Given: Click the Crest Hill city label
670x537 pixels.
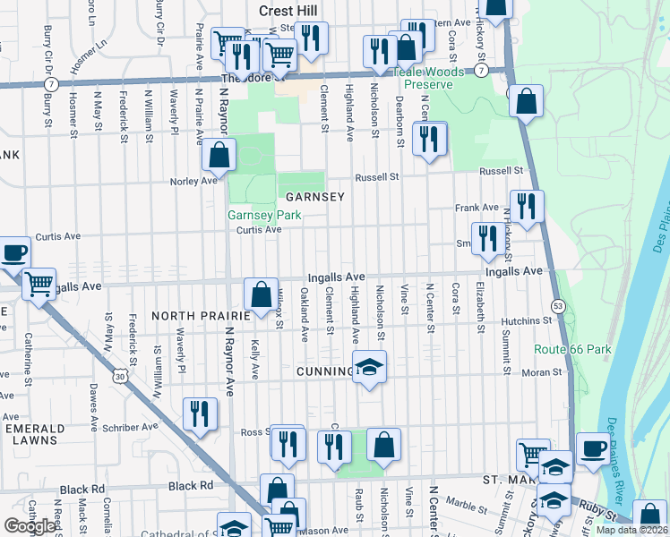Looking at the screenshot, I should [x=283, y=10].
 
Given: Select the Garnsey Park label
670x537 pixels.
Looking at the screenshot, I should [x=263, y=215].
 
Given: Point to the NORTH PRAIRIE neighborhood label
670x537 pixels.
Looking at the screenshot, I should [x=196, y=316].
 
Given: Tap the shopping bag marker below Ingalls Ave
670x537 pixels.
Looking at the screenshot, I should [x=261, y=294].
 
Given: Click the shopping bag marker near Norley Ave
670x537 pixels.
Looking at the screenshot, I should [x=219, y=156].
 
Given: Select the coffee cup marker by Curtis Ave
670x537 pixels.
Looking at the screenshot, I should [x=14, y=253].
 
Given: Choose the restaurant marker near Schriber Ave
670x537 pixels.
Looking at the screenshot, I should [x=200, y=414].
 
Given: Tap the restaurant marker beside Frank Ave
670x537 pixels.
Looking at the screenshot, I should [x=526, y=208].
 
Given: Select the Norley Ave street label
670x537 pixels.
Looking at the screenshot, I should [x=194, y=181].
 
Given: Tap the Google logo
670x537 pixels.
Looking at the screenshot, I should [x=30, y=526].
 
